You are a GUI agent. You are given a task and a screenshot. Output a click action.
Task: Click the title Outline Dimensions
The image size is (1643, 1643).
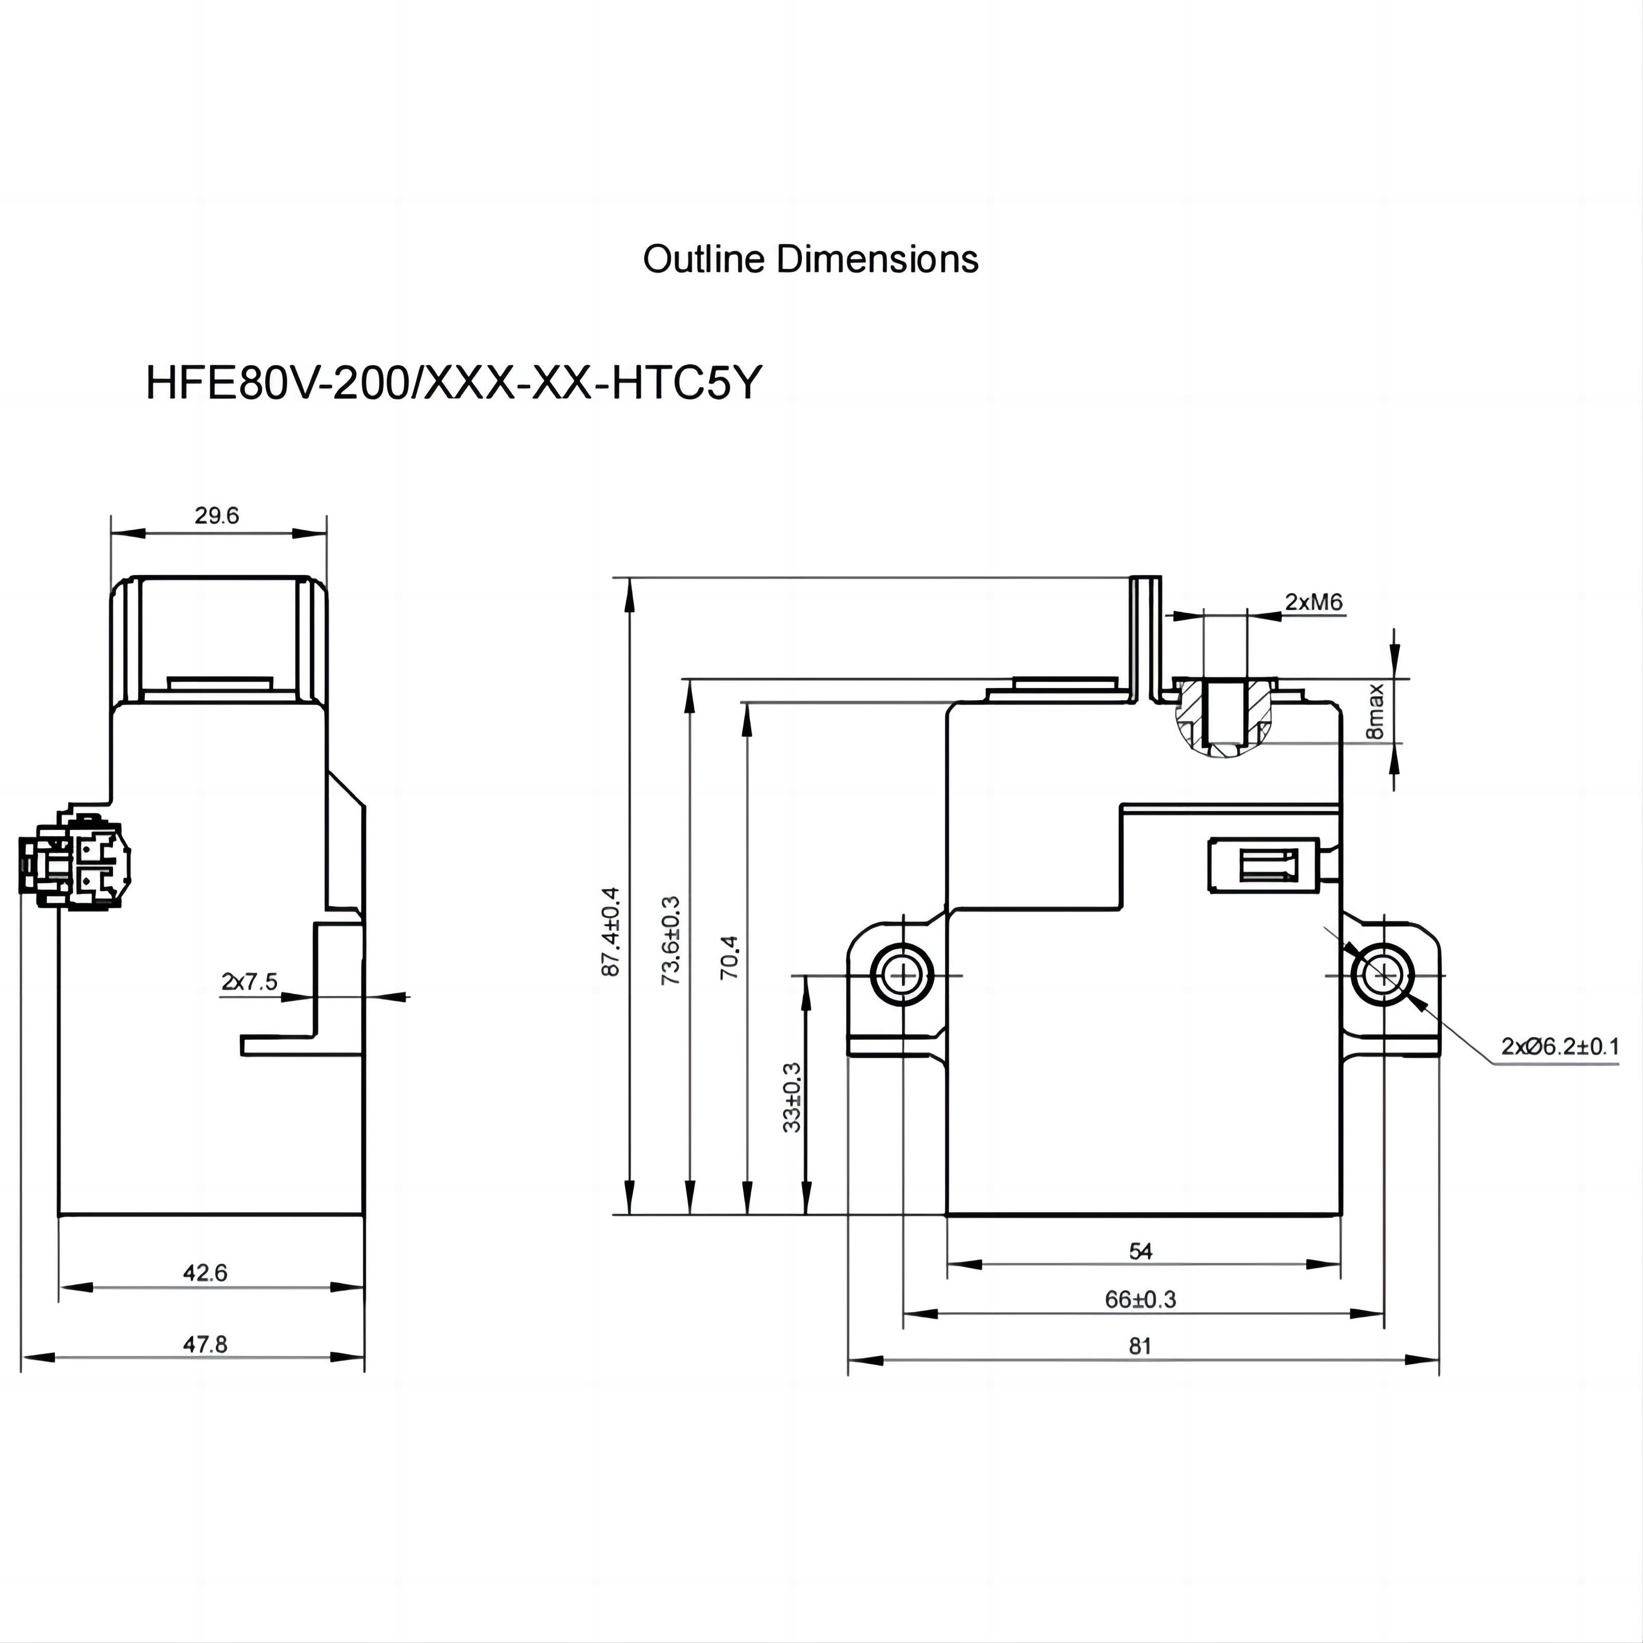[x=810, y=259]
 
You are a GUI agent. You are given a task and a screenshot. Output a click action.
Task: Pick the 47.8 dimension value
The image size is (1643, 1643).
[x=206, y=1345]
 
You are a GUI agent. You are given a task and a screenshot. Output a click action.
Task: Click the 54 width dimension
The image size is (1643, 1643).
[x=1140, y=1251]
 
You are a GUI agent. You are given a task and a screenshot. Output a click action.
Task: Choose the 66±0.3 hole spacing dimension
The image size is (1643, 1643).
[x=1140, y=1300]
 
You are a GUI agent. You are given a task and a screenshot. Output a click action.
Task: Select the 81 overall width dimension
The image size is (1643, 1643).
[x=1140, y=1346]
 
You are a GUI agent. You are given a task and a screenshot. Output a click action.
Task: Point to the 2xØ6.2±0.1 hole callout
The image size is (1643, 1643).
[x=1560, y=1046]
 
